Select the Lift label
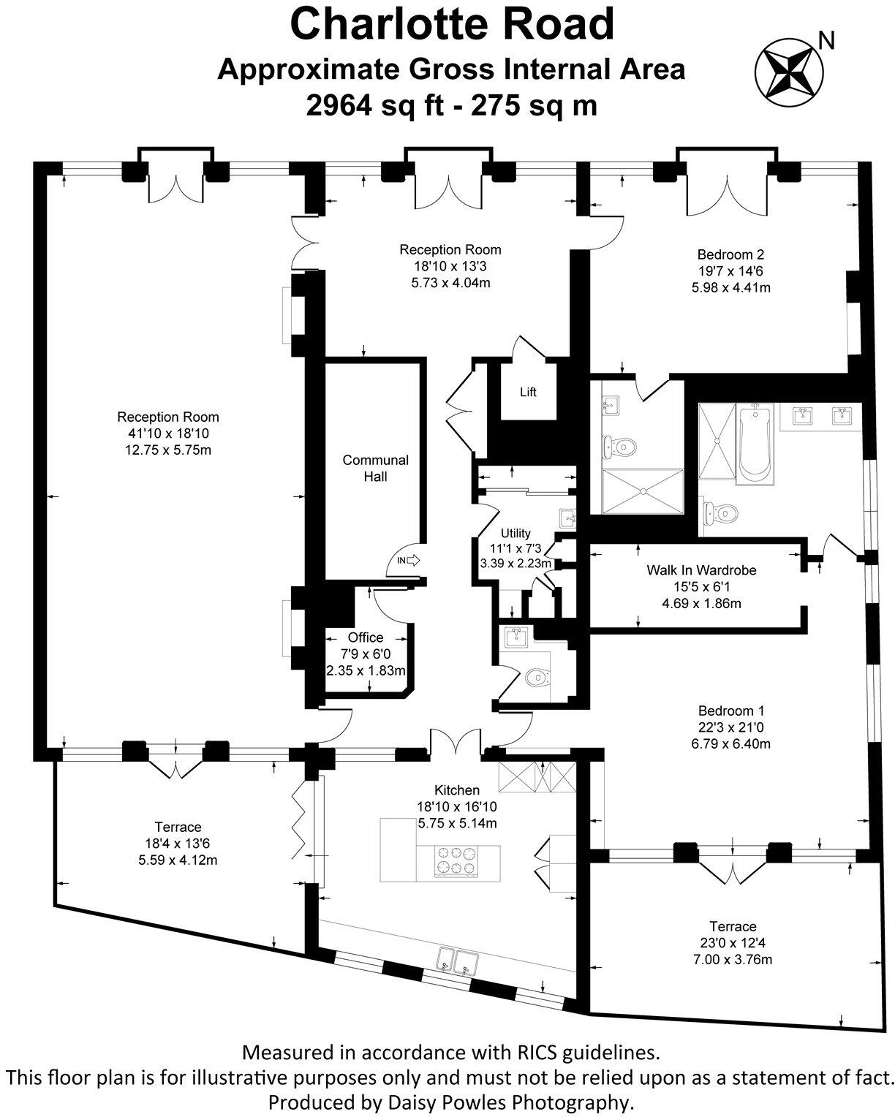coord(527,393)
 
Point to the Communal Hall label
coord(375,468)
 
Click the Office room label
coord(366,637)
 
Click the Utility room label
coord(515,533)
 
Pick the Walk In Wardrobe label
coord(700,570)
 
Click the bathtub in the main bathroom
coord(755,444)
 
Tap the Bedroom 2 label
coord(730,254)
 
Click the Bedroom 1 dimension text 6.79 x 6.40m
coord(730,743)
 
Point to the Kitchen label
coord(456,790)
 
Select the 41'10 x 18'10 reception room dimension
coord(168,433)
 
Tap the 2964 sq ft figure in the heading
coord(375,105)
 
